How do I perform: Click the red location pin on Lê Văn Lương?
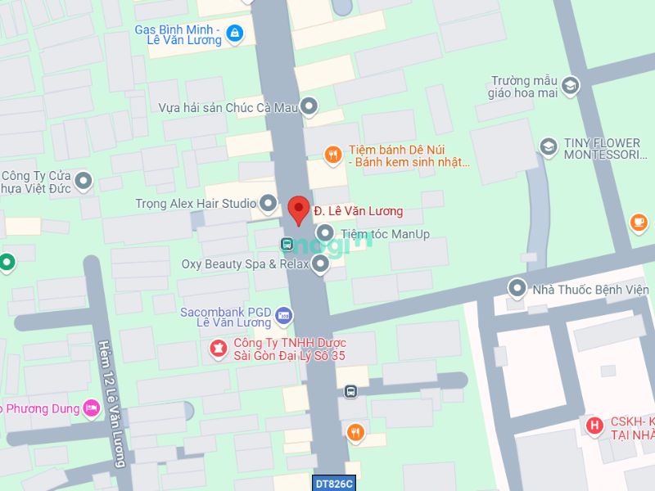[299, 209]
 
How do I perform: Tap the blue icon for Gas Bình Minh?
[235, 33]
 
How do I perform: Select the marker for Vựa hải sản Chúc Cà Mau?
[309, 106]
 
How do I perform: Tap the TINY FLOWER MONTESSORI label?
[601, 148]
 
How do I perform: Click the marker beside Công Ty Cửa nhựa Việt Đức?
[83, 181]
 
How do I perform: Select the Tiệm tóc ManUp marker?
[325, 233]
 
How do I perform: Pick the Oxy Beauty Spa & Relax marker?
[320, 264]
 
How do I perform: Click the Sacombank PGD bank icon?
[283, 314]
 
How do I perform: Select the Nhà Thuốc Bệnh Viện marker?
[517, 288]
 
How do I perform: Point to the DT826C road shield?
[333, 484]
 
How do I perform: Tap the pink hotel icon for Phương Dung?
[91, 408]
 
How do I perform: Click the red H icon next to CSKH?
[594, 426]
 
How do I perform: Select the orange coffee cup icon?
[639, 222]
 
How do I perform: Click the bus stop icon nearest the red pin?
[287, 243]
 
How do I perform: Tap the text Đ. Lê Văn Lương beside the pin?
[359, 211]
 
